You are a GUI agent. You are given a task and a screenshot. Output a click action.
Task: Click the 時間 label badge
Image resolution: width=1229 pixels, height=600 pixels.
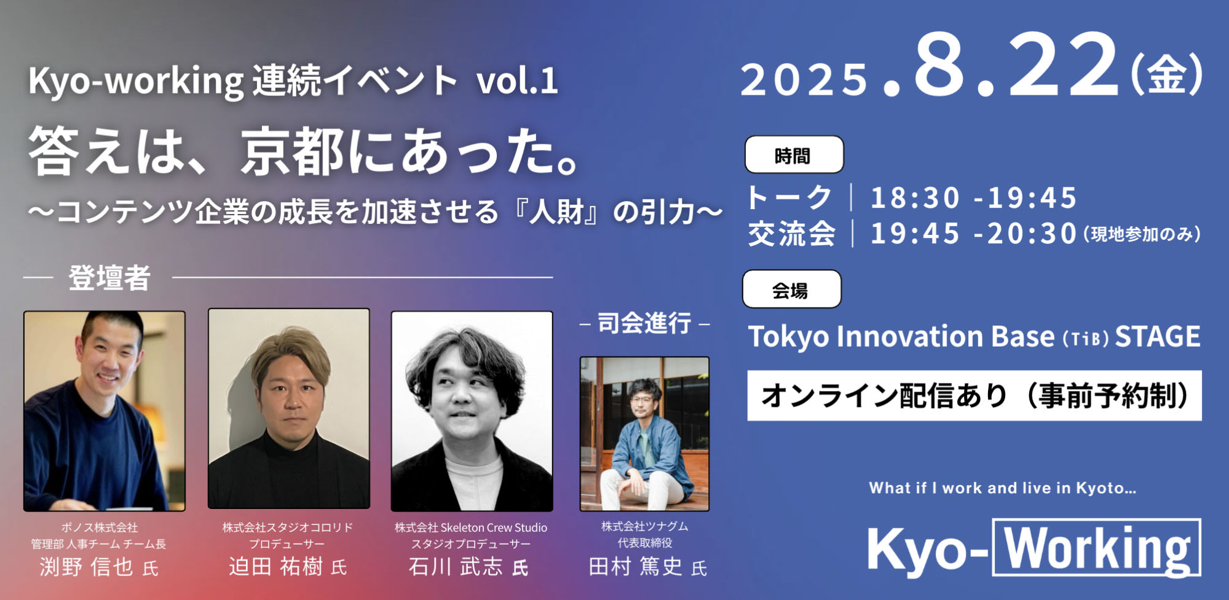pyautogui.click(x=794, y=155)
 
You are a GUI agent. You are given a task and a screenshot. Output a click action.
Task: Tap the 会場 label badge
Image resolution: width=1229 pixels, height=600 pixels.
pyautogui.click(x=791, y=290)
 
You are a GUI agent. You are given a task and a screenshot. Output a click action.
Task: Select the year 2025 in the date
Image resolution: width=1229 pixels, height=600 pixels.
pyautogui.click(x=804, y=80)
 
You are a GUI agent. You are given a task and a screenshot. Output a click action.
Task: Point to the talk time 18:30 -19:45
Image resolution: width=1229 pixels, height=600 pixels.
pyautogui.click(x=973, y=198)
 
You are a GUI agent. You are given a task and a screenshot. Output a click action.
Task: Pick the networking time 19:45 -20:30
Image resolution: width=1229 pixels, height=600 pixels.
pyautogui.click(x=973, y=234)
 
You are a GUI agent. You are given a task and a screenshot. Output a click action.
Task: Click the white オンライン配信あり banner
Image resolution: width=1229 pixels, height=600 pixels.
pyautogui.click(x=974, y=395)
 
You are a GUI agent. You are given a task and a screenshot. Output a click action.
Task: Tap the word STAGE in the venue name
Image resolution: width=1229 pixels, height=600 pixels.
pyautogui.click(x=1158, y=337)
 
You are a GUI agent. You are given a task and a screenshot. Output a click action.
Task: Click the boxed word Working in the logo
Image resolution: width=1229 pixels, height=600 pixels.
pyautogui.click(x=1097, y=548)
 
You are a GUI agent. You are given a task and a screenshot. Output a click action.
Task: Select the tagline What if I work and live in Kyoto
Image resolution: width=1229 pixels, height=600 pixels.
pyautogui.click(x=1003, y=488)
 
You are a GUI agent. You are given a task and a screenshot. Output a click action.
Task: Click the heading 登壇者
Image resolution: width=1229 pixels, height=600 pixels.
pyautogui.click(x=109, y=278)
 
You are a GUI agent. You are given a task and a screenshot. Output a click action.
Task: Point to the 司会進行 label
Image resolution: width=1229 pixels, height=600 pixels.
pyautogui.click(x=644, y=323)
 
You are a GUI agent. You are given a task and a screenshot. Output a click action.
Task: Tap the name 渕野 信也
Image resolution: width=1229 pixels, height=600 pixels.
pyautogui.click(x=87, y=567)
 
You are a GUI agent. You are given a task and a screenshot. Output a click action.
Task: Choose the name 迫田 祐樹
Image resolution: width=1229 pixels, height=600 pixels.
pyautogui.click(x=276, y=566)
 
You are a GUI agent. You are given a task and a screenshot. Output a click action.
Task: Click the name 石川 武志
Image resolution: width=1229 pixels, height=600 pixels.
pyautogui.click(x=456, y=566)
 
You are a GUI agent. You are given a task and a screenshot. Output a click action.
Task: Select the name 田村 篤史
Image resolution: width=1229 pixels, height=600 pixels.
pyautogui.click(x=636, y=566)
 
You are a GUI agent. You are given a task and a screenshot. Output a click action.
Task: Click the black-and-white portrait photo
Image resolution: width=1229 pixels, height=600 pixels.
pyautogui.click(x=472, y=411)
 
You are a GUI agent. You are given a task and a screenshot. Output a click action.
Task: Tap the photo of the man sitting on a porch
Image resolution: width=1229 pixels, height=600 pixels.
pyautogui.click(x=644, y=434)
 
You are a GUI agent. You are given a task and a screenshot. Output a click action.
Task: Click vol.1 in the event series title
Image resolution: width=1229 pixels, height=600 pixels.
pyautogui.click(x=517, y=81)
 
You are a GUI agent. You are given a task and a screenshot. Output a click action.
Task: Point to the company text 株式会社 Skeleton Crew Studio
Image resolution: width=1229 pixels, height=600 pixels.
pyautogui.click(x=471, y=527)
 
